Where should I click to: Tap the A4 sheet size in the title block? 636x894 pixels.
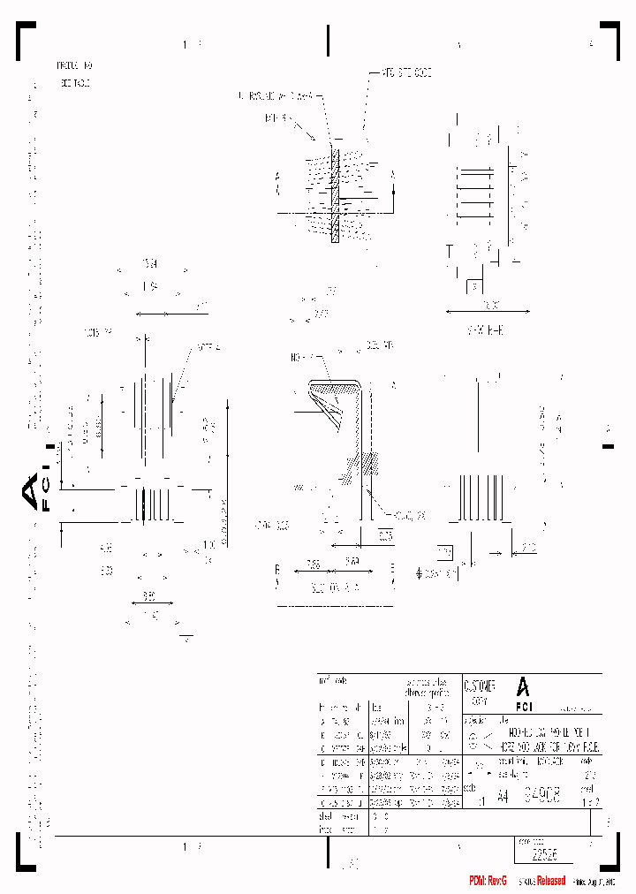coord(503,797)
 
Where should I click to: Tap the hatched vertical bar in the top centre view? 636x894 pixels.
coord(335,194)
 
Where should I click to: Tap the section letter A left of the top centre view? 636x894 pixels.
coord(277,178)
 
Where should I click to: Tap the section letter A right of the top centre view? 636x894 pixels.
coord(392,176)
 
